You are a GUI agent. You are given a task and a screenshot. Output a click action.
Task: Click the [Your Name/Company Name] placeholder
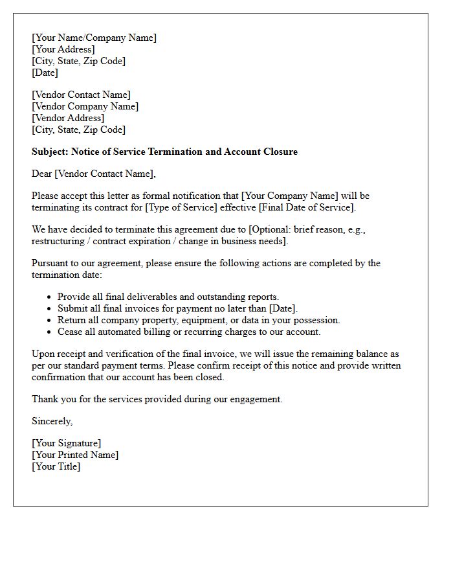pyautogui.click(x=94, y=38)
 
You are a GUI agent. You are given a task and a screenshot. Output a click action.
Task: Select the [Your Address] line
pyautogui.click(x=63, y=49)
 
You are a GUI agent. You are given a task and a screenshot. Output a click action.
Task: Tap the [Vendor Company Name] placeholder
pyautogui.click(x=85, y=106)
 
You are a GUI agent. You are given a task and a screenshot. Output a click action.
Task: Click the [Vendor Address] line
pyautogui.click(x=68, y=118)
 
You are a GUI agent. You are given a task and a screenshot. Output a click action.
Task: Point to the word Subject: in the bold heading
pyautogui.click(x=50, y=152)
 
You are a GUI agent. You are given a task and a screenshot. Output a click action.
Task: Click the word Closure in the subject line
pyautogui.click(x=280, y=152)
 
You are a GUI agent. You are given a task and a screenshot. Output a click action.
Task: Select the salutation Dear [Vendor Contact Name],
pyautogui.click(x=94, y=174)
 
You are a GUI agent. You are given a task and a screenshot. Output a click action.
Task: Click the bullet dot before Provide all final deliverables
pyautogui.click(x=50, y=297)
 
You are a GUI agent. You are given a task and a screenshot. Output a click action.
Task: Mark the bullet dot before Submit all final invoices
pyautogui.click(x=50, y=309)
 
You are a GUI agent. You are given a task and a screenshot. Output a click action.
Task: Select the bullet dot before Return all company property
pyautogui.click(x=50, y=321)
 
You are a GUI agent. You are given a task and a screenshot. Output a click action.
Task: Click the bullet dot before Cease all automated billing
pyautogui.click(x=50, y=332)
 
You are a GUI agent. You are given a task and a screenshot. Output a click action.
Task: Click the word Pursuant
pyautogui.click(x=50, y=263)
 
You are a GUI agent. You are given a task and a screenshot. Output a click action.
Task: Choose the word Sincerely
pyautogui.click(x=52, y=421)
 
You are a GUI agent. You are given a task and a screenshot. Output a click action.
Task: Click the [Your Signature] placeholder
pyautogui.click(x=66, y=443)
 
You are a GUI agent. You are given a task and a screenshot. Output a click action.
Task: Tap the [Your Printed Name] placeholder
pyautogui.click(x=75, y=455)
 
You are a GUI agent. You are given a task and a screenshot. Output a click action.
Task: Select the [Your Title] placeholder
pyautogui.click(x=56, y=466)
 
